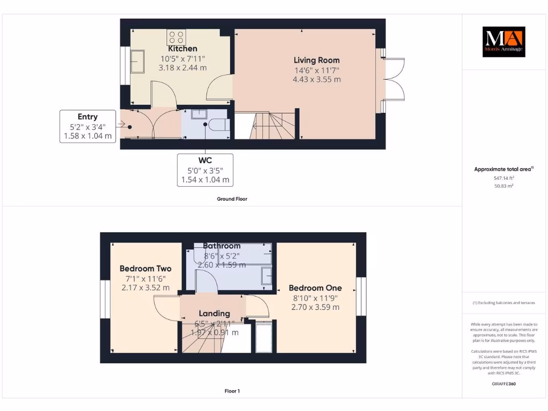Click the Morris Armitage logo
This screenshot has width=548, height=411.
coord(504,42)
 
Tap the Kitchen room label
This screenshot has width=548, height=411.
coord(182,49)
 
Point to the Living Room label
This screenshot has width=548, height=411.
coord(316,60)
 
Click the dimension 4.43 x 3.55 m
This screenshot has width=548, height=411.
coord(316,79)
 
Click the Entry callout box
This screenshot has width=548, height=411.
coord(88,126)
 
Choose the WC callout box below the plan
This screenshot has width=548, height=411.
coord(205,170)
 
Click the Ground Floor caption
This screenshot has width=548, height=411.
coord(232,199)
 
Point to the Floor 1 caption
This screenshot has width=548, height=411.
coord(232,391)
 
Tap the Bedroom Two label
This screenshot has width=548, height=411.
coord(145,269)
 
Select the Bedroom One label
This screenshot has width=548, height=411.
coord(315,288)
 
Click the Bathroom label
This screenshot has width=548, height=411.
coord(222,246)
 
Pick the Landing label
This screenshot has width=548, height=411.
coord(214,313)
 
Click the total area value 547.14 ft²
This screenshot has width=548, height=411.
coord(503,178)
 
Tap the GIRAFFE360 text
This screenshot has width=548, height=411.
coord(503,384)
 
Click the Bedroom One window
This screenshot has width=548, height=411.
coord(361,296)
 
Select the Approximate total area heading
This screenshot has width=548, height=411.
coord(503,169)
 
